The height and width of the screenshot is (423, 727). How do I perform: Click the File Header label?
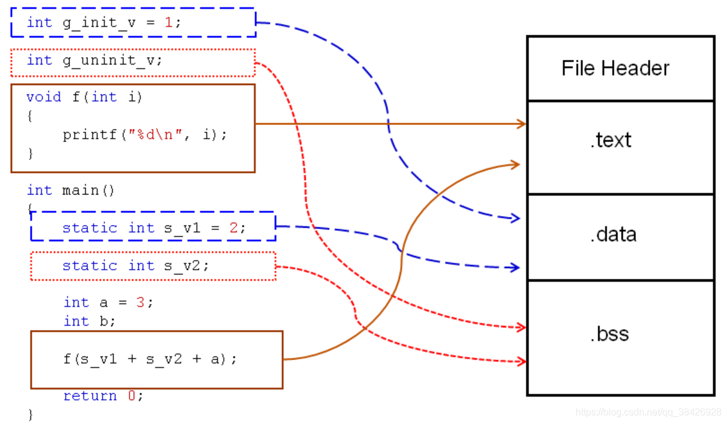(615, 68)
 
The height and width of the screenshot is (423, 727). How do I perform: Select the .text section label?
(611, 140)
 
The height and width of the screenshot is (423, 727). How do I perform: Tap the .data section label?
(613, 234)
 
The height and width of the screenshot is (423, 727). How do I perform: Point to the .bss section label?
(610, 333)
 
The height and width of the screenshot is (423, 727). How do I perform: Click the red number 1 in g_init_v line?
(168, 23)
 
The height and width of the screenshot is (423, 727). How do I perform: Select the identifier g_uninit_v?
(112, 60)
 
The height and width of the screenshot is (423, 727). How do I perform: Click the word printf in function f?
(89, 135)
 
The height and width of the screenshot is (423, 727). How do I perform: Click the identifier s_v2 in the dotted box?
(183, 265)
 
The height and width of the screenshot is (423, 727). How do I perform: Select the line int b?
(90, 321)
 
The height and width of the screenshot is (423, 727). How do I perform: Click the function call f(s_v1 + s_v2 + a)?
(150, 359)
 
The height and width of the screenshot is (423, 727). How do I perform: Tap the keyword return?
(90, 396)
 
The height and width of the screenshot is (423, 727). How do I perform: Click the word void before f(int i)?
(44, 97)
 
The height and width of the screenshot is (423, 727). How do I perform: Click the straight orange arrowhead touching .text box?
(522, 124)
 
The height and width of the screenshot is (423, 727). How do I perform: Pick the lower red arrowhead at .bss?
(522, 361)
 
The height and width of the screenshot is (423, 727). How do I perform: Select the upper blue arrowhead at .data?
(515, 218)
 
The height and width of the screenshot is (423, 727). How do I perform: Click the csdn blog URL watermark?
(648, 412)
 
